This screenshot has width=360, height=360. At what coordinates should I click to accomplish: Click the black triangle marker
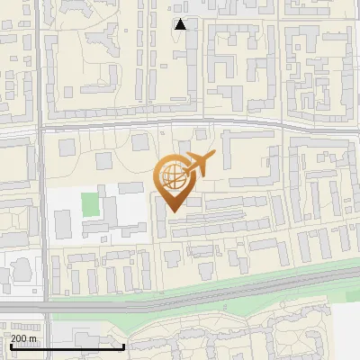point(181,24)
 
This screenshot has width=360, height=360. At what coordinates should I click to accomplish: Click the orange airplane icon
point(199,164)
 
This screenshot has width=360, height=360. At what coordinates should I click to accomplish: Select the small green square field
point(90,203)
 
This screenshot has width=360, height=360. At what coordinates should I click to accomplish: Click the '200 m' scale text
point(23,338)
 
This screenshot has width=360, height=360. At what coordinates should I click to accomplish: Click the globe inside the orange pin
point(172,175)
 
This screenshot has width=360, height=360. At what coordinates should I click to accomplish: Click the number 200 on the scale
point(18,338)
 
